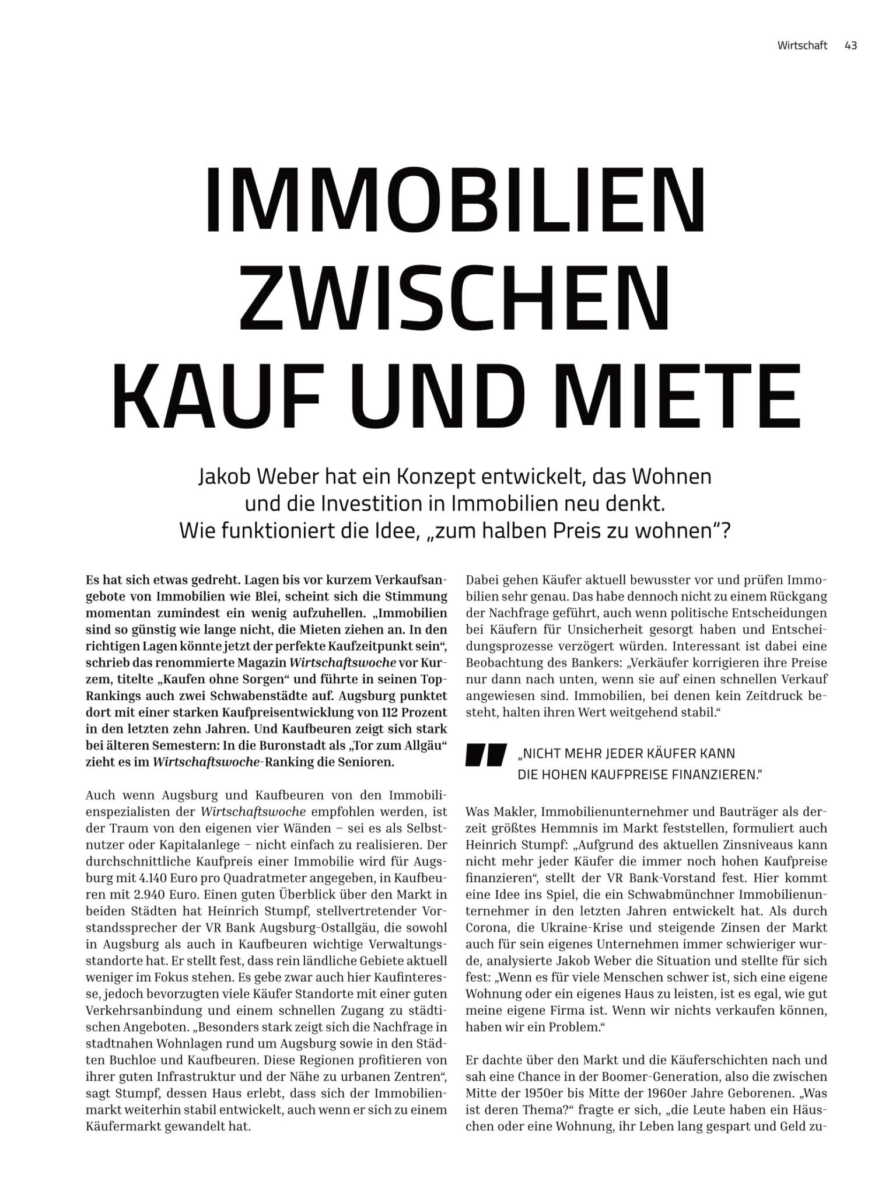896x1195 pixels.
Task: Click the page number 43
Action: [x=850, y=46]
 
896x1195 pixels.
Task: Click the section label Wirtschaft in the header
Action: [x=802, y=46]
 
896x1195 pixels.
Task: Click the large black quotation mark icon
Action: [x=485, y=754]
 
